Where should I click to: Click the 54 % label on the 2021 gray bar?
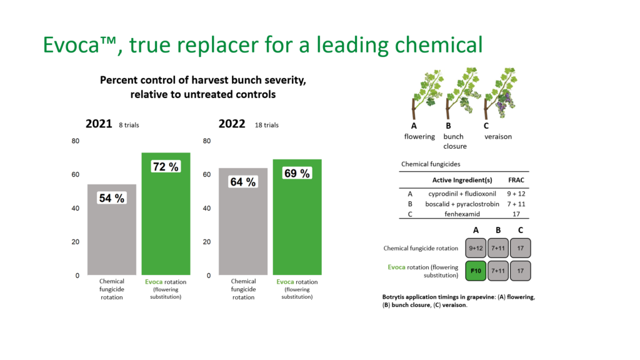tap(111, 198)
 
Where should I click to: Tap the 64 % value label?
tap(242, 182)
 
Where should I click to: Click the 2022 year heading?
tap(232, 124)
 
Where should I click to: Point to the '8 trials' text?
tap(129, 125)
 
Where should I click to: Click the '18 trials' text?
tap(267, 125)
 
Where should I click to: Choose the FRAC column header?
tap(516, 180)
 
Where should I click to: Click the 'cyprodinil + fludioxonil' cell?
tap(462, 193)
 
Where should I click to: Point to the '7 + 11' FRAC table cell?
tap(516, 204)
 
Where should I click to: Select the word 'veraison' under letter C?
tap(498, 136)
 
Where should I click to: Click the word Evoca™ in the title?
tap(82, 44)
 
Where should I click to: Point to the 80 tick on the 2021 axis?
tap(76, 141)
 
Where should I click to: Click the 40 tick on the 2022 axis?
tap(207, 208)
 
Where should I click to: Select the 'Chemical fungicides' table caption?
tap(430, 164)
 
